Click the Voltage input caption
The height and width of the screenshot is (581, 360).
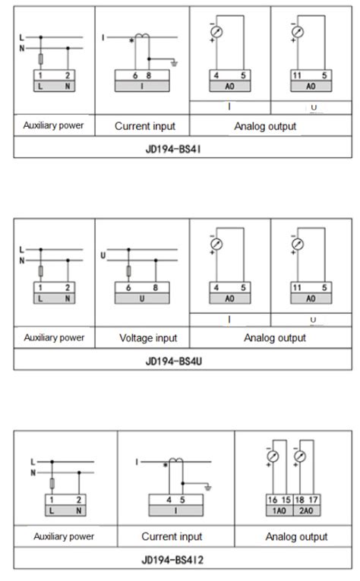(x=142, y=338)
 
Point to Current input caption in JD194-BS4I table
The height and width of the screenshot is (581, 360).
(x=142, y=125)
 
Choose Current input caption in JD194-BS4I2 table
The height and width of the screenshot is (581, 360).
(x=176, y=536)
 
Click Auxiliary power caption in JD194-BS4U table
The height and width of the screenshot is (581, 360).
(x=54, y=338)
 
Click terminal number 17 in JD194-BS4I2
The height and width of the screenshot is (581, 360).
(x=314, y=500)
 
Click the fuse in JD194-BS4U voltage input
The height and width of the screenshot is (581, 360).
(x=128, y=270)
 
